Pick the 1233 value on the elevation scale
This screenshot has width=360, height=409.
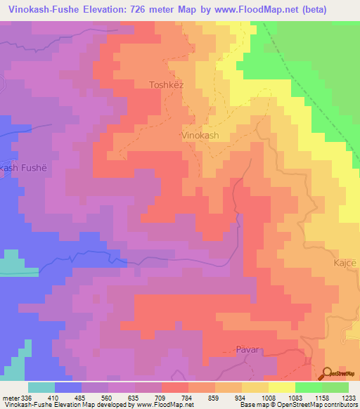tap(348, 397)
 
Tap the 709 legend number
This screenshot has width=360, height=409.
tap(161, 397)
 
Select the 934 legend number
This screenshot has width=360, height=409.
tap(241, 397)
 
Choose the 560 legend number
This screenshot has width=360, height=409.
tap(108, 397)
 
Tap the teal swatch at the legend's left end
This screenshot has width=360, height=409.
tap(41, 387)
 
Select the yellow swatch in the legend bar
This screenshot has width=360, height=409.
tap(281, 387)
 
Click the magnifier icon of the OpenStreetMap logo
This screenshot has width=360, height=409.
tap(328, 372)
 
